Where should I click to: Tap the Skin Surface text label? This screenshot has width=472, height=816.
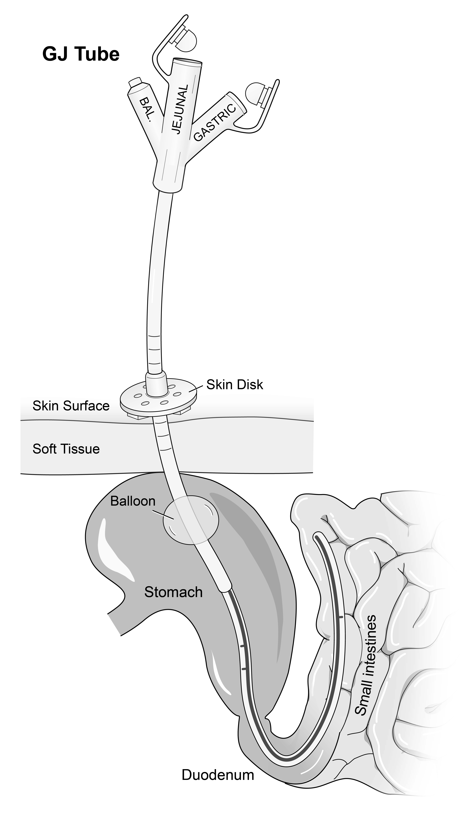(71, 406)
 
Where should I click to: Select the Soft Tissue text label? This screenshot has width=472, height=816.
(66, 449)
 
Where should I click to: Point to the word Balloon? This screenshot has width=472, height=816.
(133, 501)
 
